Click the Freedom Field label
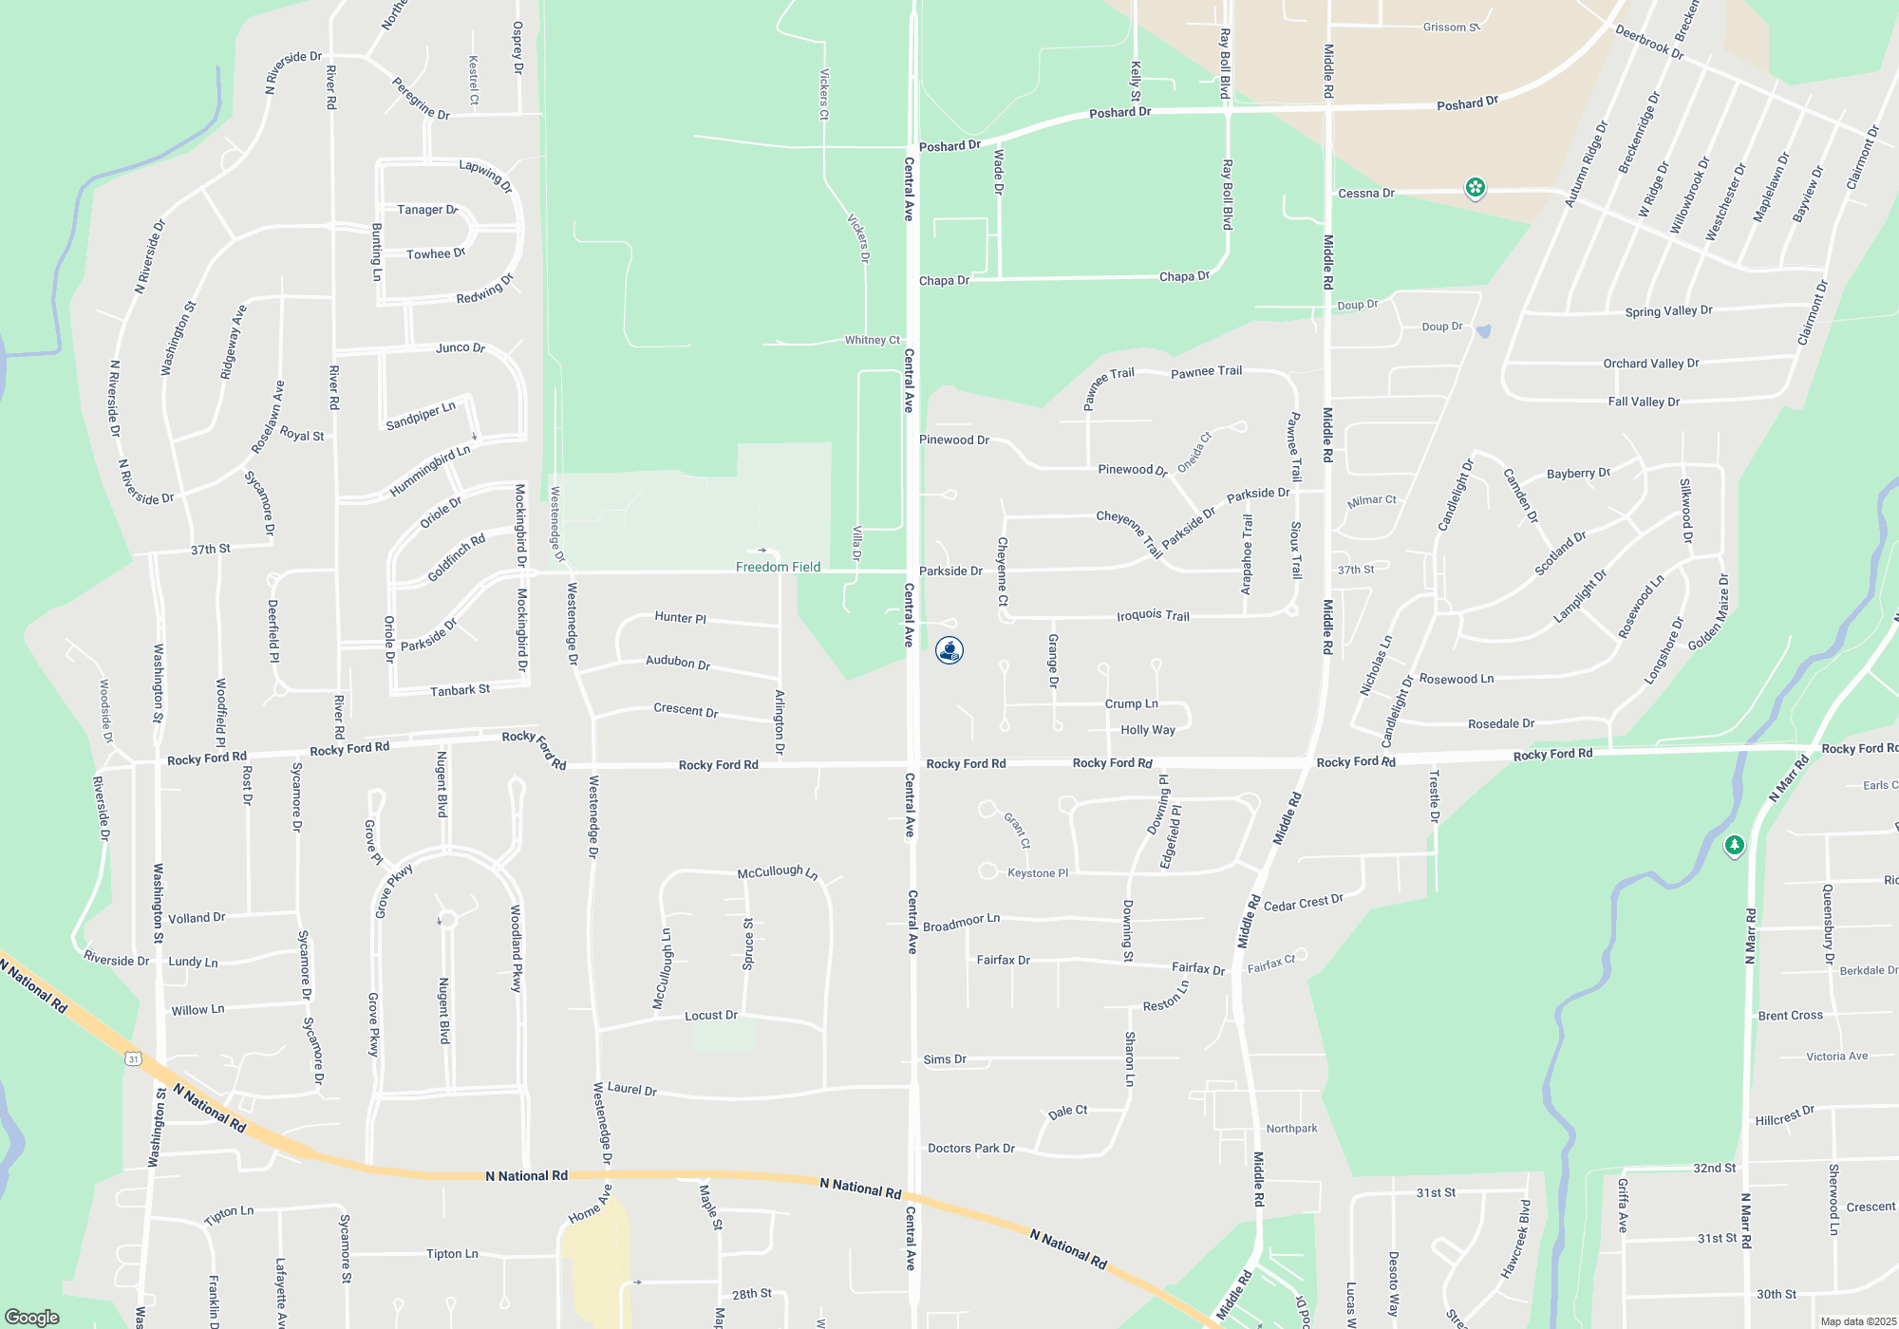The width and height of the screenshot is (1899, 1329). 778,567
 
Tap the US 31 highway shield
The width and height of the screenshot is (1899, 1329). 133,1058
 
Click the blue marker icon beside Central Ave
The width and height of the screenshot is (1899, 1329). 949,650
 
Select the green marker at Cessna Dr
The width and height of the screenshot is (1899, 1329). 1475,188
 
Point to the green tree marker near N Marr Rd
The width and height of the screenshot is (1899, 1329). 1735,845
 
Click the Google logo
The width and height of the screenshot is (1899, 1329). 32,1317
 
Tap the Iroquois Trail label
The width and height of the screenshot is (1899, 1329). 1153,616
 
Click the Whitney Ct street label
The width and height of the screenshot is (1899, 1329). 873,340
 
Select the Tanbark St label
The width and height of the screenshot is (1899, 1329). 460,690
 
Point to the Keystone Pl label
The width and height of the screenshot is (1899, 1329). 1038,873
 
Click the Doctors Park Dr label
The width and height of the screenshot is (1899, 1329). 971,1149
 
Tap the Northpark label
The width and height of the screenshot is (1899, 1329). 1291,1129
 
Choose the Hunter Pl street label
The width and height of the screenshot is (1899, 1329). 681,618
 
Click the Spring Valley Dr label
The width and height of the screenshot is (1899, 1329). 1668,311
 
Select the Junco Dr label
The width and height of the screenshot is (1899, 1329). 461,347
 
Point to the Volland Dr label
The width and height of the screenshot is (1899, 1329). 197,918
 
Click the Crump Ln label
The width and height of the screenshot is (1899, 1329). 1131,704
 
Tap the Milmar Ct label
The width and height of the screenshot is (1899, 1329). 1371,500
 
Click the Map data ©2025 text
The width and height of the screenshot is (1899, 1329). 1857,1321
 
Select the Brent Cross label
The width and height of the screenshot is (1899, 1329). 1790,1016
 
